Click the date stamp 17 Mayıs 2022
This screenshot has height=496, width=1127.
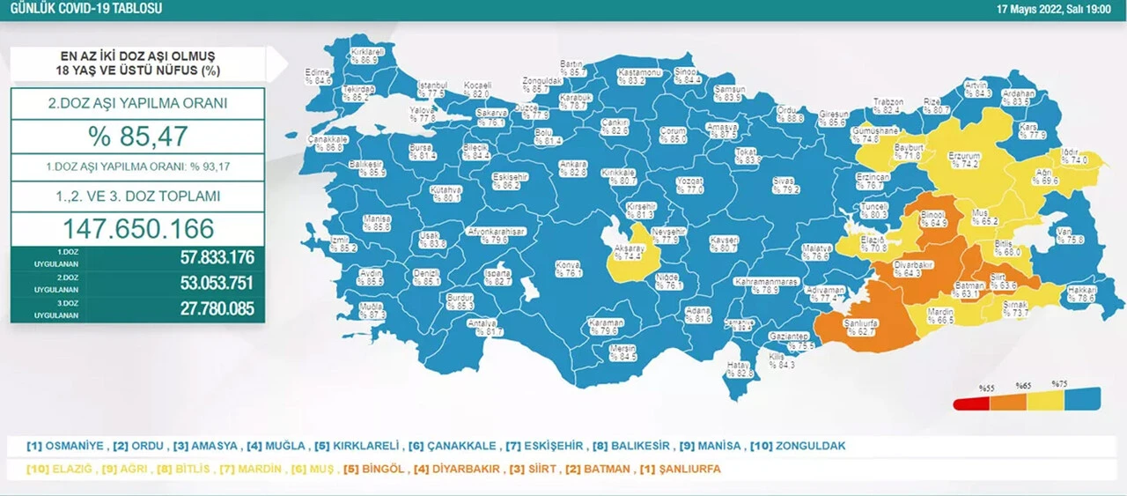tap(1053, 9)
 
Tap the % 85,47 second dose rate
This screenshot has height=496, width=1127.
tap(137, 137)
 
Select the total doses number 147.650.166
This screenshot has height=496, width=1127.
tap(137, 229)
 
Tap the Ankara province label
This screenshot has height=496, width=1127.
tap(572, 168)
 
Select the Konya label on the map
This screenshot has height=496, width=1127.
tap(569, 268)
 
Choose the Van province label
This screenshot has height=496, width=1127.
tap(1064, 235)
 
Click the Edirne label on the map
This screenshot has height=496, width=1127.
tap(318, 76)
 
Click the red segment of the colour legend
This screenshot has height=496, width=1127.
tap(971, 403)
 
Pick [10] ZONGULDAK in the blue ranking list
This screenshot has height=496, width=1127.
tap(797, 446)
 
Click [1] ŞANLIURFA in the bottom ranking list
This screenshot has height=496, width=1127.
tap(680, 469)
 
